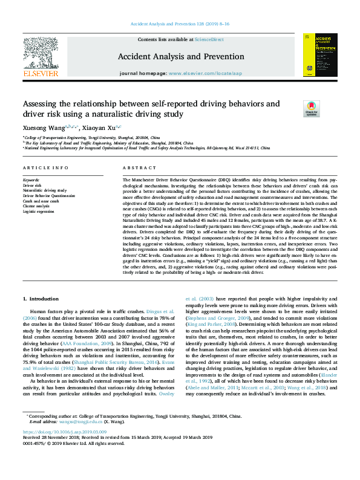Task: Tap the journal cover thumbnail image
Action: pyautogui.click(x=320, y=54)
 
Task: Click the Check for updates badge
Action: pyautogui.click(x=311, y=108)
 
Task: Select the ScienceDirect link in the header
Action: pyautogui.click(x=209, y=39)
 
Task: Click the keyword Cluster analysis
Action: pyautogui.click(x=36, y=206)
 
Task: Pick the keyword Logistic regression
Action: pyautogui.click(x=38, y=210)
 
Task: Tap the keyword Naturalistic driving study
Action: pyautogui.click(x=45, y=190)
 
